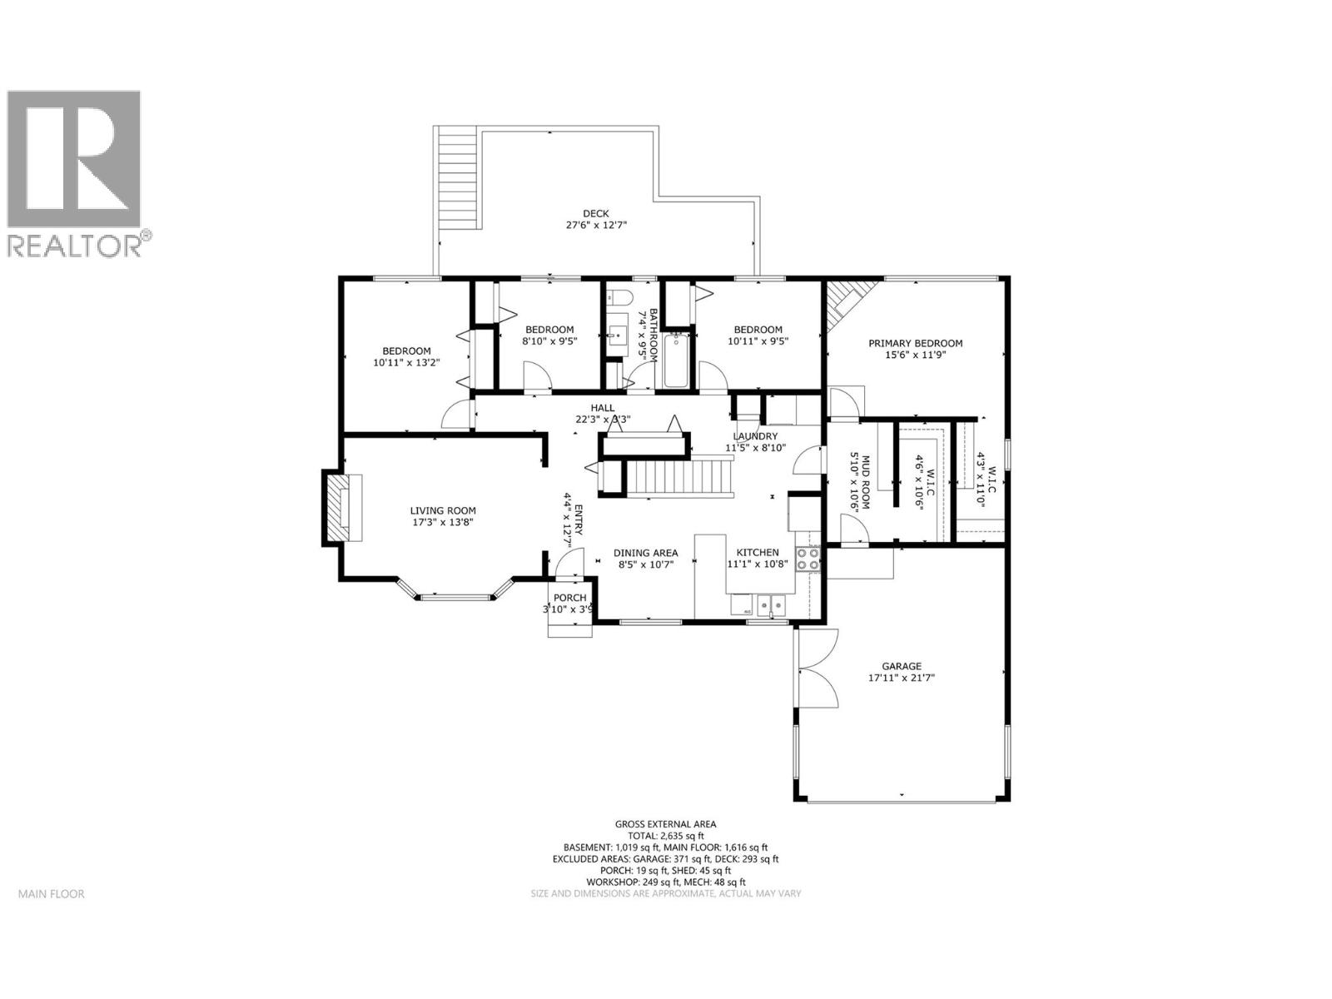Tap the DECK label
point(595,214)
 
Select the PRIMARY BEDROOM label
point(915,343)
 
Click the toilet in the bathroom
point(620,298)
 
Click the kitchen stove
point(808,559)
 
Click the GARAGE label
point(902,666)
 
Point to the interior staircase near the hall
point(678,480)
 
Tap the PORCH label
point(570,598)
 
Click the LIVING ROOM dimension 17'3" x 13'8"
point(443,523)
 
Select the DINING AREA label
point(645,553)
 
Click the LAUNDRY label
point(755,436)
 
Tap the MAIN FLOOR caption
point(52,894)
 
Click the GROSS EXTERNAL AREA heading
point(665,823)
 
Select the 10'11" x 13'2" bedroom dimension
point(406,362)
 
